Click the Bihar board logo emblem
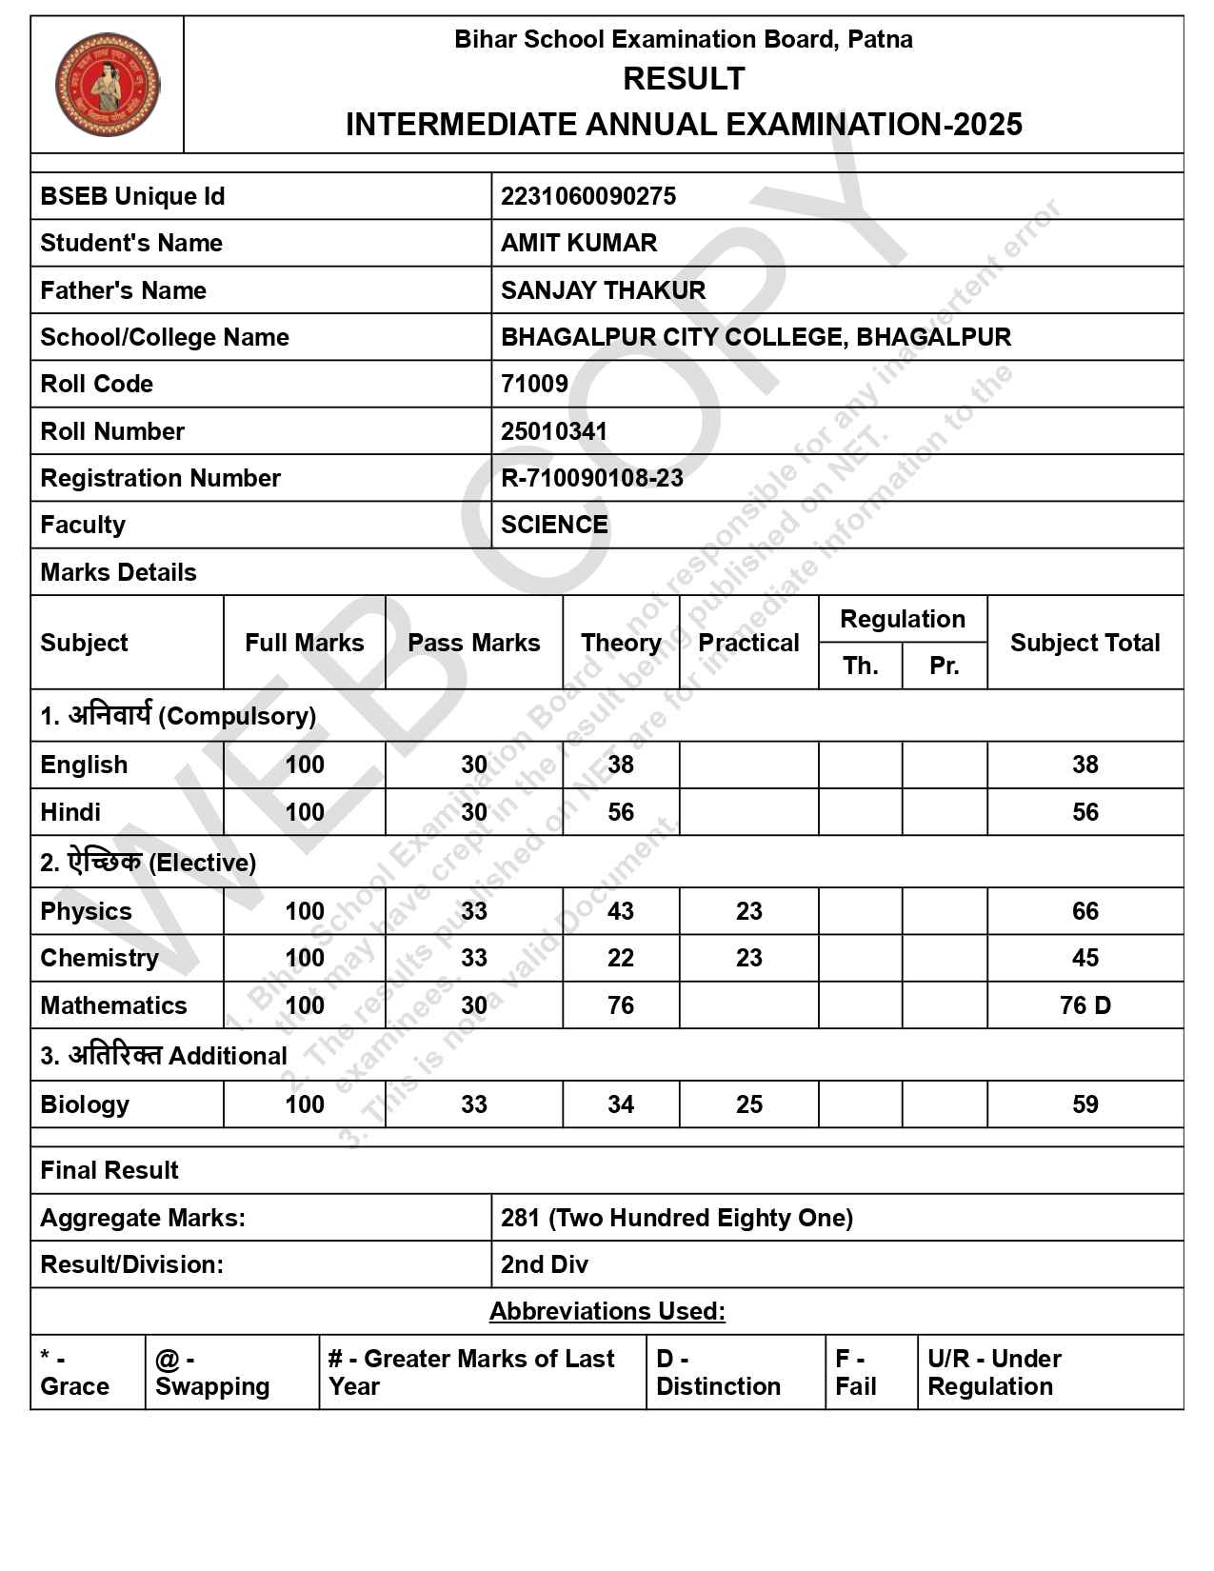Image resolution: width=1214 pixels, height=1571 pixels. click(x=107, y=85)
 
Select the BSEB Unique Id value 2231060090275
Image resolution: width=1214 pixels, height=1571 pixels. click(x=587, y=196)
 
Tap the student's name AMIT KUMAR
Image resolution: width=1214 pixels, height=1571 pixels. click(x=578, y=243)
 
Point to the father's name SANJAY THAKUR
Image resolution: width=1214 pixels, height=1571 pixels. click(x=603, y=290)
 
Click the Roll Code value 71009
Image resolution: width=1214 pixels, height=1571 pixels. click(x=534, y=384)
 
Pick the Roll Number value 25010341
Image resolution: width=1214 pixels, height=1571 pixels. click(x=553, y=431)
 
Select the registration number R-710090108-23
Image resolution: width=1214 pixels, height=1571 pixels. click(x=591, y=478)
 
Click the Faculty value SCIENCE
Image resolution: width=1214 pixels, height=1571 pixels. click(x=554, y=525)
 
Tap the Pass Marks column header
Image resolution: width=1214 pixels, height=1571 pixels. click(x=473, y=643)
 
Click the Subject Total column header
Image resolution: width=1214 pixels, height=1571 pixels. click(x=1085, y=643)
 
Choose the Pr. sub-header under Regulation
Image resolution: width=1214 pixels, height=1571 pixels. click(x=944, y=666)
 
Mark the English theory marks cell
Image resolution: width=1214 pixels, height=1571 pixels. click(x=620, y=765)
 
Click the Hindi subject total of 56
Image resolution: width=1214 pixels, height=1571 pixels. click(x=1085, y=812)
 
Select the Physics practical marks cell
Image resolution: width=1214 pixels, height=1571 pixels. click(x=748, y=911)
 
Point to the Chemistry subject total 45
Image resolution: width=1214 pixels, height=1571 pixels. click(x=1085, y=958)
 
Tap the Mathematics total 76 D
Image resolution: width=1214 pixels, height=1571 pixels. click(x=1085, y=1005)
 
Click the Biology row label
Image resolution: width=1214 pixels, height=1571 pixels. click(x=85, y=1104)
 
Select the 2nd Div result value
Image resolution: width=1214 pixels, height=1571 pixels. click(x=545, y=1264)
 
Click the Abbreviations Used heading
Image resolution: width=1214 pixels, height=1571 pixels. click(x=607, y=1311)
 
